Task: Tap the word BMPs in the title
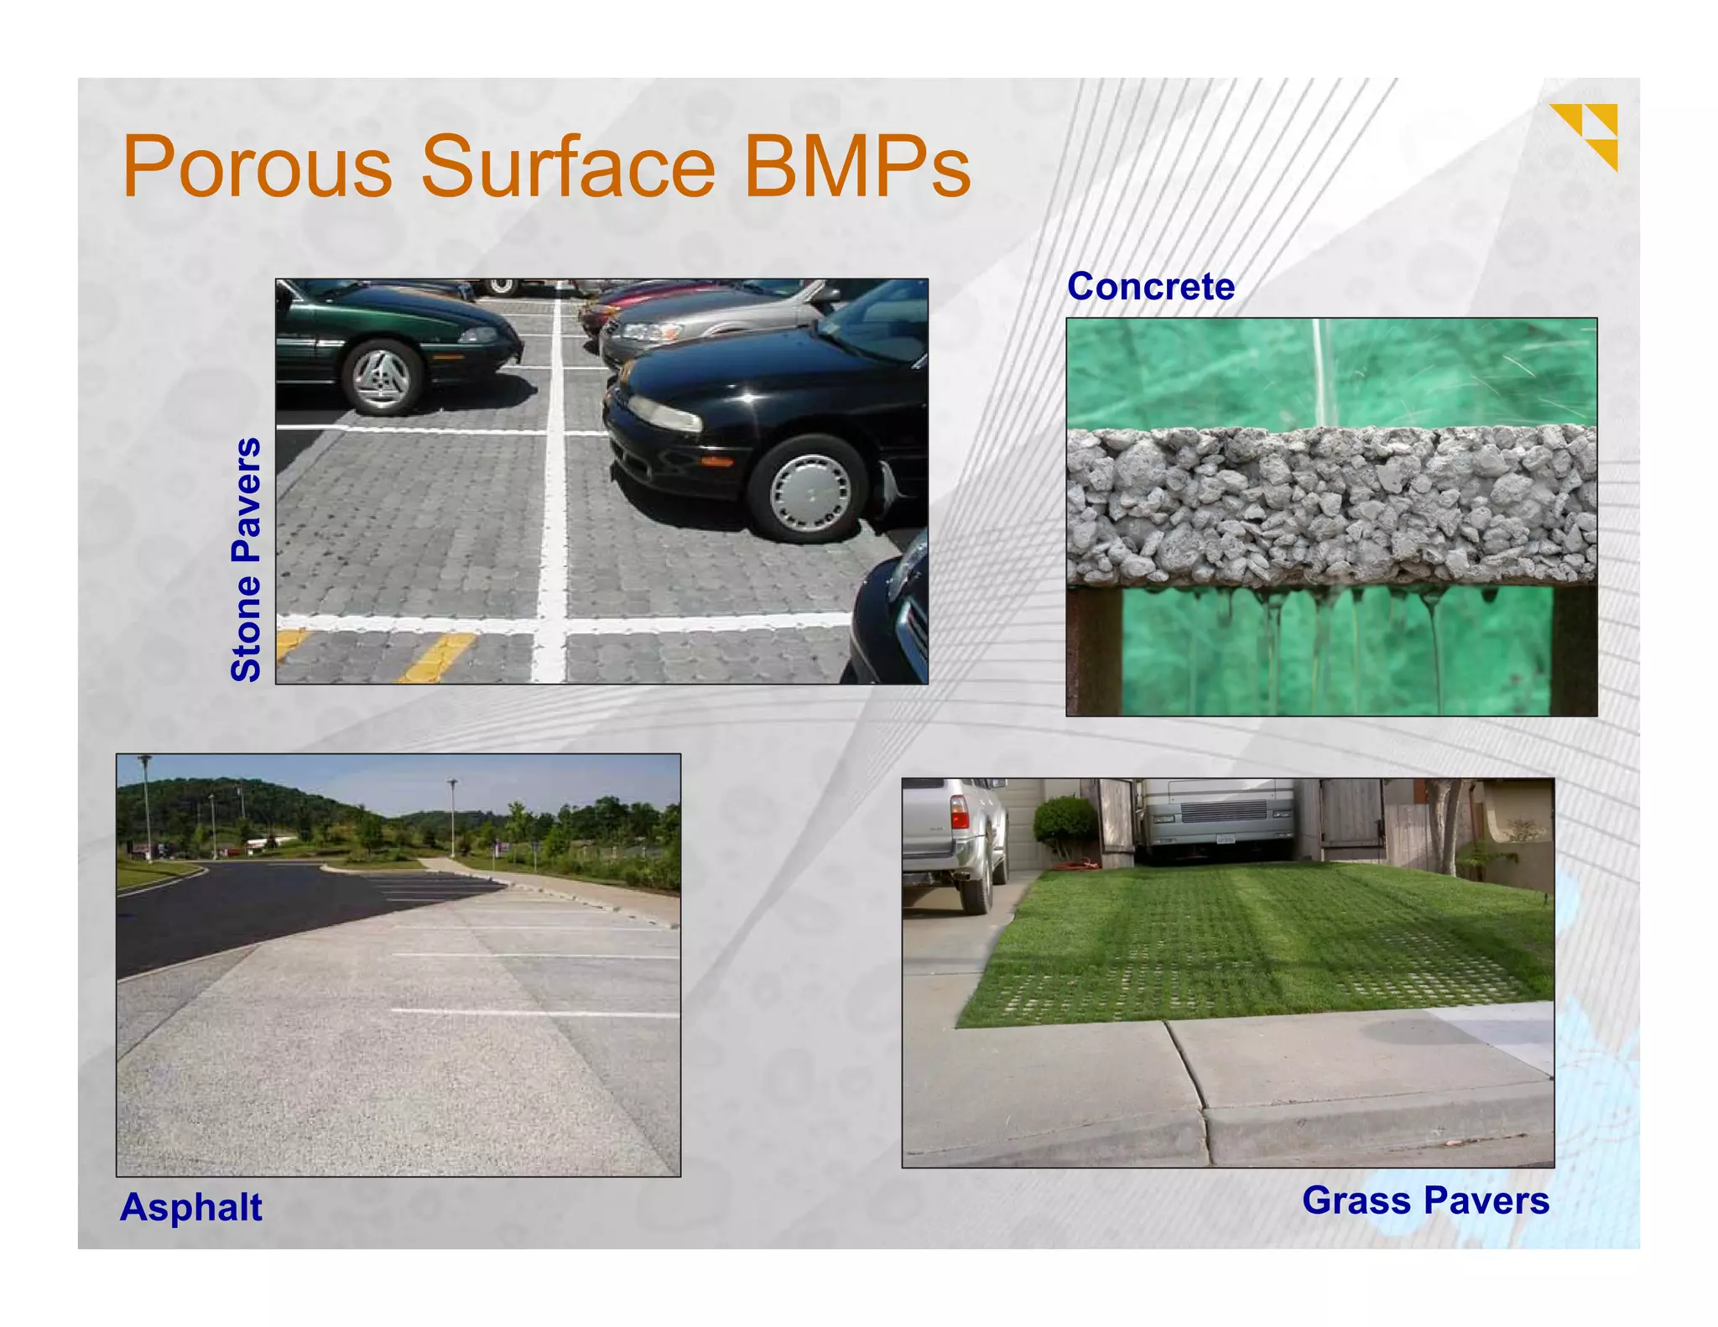pos(856,167)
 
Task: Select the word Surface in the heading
pos(568,167)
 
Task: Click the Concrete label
pos(1150,287)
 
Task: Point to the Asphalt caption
pos(191,1207)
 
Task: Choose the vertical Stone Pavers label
pos(247,559)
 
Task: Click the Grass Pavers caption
pos(1425,1200)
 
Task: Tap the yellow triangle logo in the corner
pos(1585,134)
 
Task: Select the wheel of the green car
pos(383,378)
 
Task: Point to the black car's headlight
pos(665,414)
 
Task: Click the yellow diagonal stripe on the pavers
pos(437,657)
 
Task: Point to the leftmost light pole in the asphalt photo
pos(147,805)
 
